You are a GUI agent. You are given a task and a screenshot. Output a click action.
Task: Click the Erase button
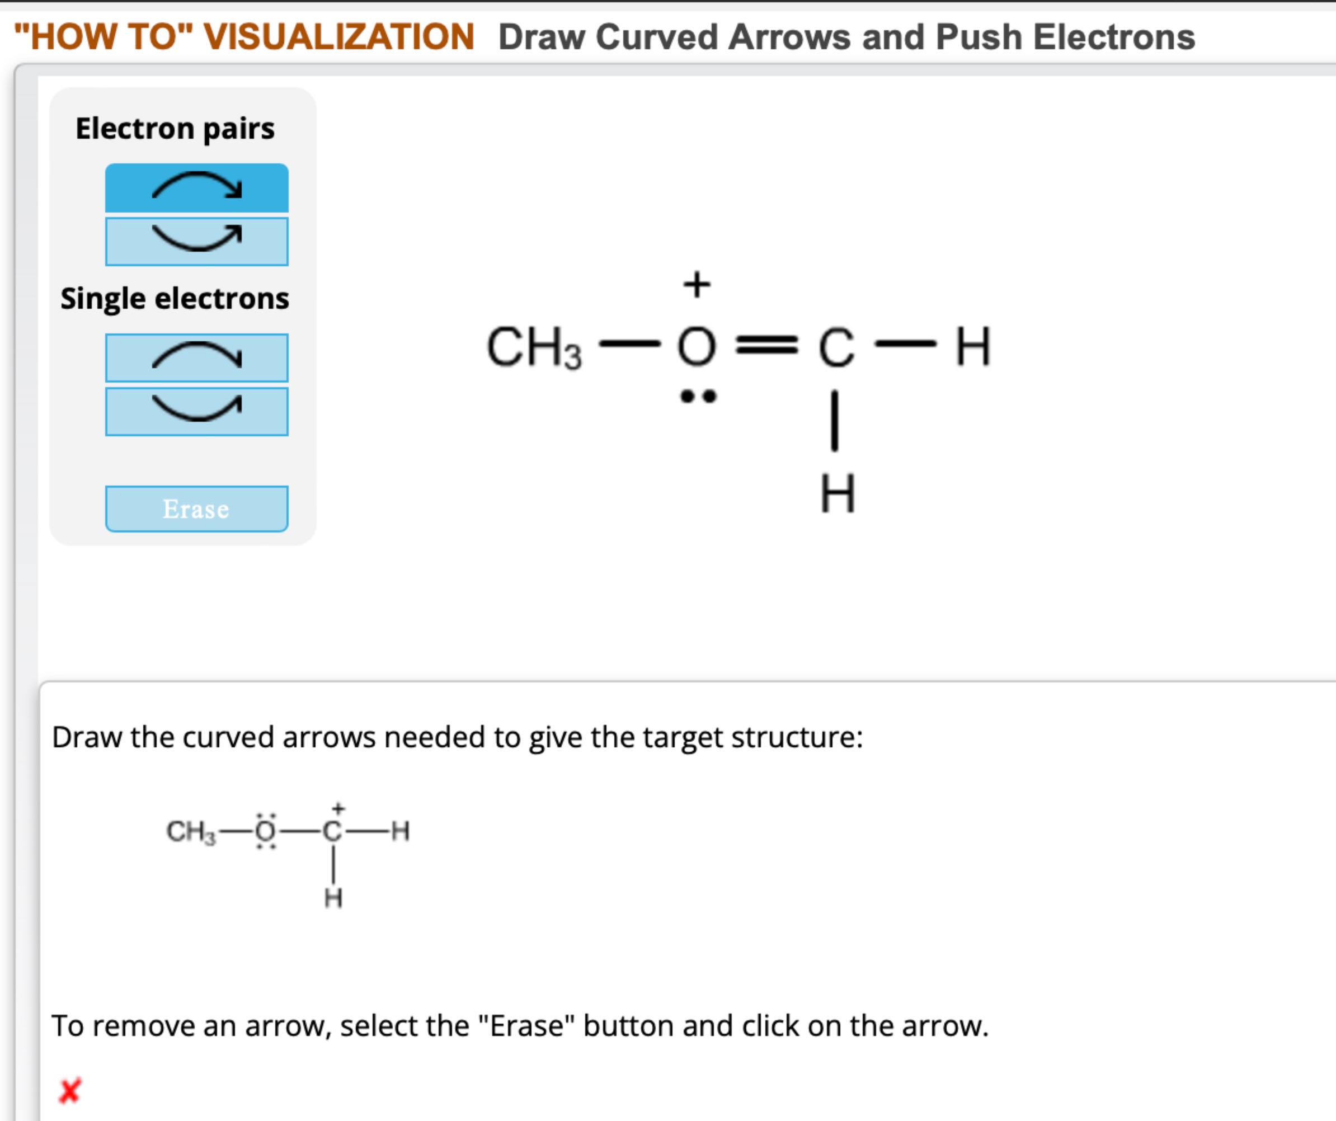click(196, 509)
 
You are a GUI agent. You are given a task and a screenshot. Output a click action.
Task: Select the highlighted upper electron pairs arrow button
click(196, 188)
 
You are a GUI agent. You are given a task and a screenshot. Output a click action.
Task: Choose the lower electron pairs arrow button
click(196, 241)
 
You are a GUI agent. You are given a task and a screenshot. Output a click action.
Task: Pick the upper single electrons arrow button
click(196, 357)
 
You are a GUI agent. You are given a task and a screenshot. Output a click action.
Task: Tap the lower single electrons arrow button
click(196, 411)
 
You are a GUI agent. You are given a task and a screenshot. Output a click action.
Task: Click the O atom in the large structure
click(697, 347)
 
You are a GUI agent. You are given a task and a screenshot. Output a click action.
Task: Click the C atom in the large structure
click(836, 348)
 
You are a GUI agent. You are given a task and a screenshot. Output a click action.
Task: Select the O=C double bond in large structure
click(766, 346)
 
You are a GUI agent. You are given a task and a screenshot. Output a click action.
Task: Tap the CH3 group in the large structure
click(533, 348)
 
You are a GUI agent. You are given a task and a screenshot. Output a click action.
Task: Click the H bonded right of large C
click(973, 347)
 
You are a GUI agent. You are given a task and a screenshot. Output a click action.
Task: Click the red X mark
click(69, 1090)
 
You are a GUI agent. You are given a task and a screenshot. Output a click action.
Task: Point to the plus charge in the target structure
click(338, 809)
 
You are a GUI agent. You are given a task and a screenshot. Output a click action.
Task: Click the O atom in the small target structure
click(265, 831)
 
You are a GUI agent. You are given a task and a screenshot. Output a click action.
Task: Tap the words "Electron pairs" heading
click(175, 129)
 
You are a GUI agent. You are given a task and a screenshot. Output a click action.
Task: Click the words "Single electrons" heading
click(175, 298)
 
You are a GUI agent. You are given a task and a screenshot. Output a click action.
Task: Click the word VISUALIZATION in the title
click(339, 36)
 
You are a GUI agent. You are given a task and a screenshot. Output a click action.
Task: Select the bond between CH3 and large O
click(630, 345)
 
